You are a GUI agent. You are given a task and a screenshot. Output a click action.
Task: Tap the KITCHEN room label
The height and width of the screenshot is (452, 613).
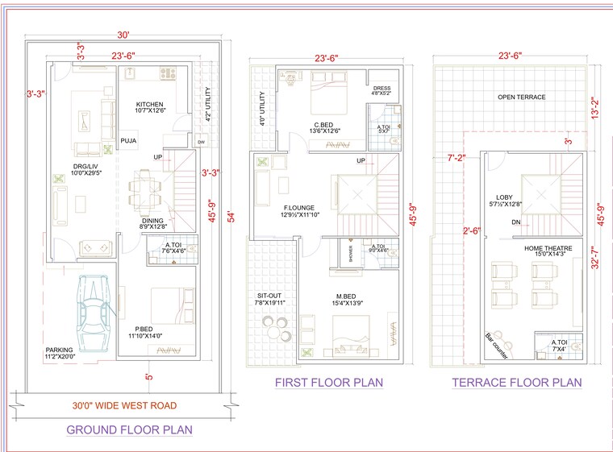pos(149,105)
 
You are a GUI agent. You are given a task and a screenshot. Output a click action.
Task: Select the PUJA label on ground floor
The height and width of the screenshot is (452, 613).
pos(128,141)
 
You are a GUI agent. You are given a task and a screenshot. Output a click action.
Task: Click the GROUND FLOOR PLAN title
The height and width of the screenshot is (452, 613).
pos(129,429)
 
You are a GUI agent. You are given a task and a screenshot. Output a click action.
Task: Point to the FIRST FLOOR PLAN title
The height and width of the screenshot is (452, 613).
pos(329,382)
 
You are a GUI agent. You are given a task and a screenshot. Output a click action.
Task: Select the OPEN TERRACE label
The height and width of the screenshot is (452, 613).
pos(521,97)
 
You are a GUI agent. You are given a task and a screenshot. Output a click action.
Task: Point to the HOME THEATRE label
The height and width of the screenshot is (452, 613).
pos(548,249)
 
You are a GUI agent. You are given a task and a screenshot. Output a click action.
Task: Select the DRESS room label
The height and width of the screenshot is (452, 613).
pos(382,88)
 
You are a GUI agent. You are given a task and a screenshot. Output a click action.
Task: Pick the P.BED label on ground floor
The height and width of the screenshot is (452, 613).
pos(145,329)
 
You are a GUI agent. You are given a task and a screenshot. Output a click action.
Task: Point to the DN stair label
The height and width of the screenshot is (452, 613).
pos(515,222)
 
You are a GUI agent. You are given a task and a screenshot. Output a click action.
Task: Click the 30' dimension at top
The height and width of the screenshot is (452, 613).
pos(123,35)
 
